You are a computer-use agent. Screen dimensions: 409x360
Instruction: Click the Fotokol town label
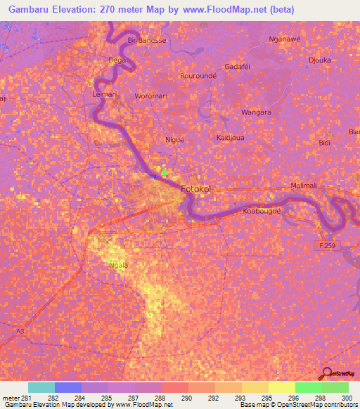click(x=195, y=189)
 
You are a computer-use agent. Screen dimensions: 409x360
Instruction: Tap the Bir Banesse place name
click(x=147, y=40)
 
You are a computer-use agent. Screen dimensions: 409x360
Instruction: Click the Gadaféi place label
click(x=237, y=66)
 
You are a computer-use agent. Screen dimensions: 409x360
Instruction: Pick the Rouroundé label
click(x=198, y=75)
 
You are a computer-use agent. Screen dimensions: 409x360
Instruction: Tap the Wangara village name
click(x=256, y=112)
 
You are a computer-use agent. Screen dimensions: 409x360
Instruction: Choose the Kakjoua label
click(x=230, y=138)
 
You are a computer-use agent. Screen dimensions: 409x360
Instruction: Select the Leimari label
click(x=105, y=93)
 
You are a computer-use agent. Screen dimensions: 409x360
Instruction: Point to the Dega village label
click(x=116, y=60)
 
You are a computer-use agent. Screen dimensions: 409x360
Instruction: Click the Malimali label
click(x=304, y=186)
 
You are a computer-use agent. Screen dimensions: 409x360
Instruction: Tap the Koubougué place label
click(x=262, y=211)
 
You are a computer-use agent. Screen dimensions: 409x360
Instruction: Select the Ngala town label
click(x=117, y=265)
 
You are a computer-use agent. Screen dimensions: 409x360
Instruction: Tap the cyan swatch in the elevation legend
click(x=41, y=387)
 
